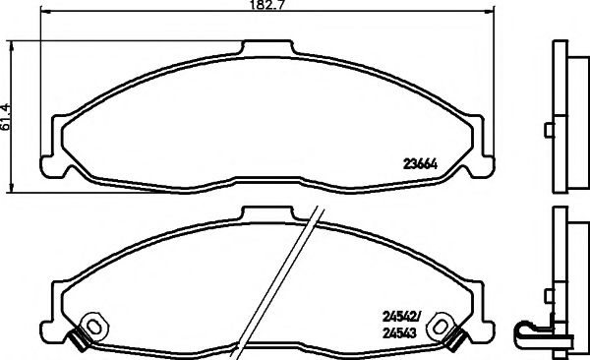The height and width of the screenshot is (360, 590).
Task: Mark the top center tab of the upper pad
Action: [267, 48]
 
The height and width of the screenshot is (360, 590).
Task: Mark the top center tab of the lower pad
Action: [267, 212]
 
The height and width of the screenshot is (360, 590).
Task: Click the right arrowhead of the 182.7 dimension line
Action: [489, 14]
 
